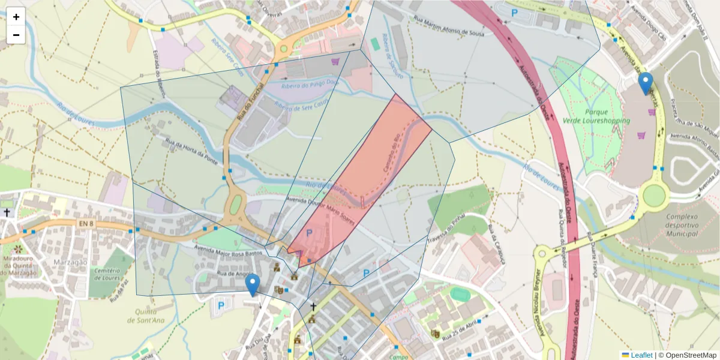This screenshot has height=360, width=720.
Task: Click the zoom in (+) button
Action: pos(16,17)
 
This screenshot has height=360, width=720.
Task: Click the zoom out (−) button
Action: pos(16,35)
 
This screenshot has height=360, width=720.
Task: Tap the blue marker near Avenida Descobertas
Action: pos(646,83)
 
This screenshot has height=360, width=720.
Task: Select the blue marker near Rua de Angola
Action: pos(253,284)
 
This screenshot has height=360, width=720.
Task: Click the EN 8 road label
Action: pos(86,224)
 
